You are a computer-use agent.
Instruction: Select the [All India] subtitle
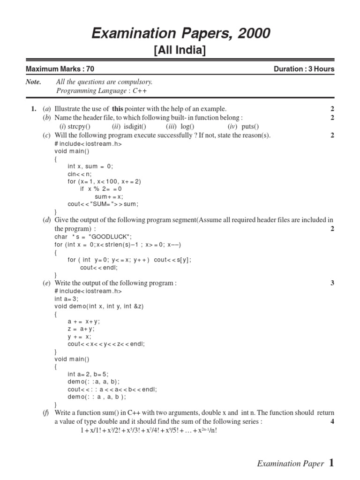tap(180, 51)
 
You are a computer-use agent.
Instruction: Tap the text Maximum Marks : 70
tap(60, 69)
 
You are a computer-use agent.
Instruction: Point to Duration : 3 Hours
tap(304, 69)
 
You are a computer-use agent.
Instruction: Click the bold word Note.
tap(33, 82)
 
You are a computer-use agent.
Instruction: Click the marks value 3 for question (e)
tap(332, 283)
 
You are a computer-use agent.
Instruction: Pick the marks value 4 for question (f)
tap(332, 421)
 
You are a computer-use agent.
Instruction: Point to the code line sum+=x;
tap(109, 196)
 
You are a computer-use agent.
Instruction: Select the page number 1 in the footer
tap(331, 463)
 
